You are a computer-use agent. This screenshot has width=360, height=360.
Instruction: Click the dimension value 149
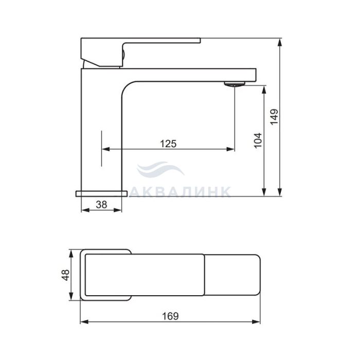click(274, 117)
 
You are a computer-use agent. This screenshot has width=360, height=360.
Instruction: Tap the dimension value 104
click(258, 140)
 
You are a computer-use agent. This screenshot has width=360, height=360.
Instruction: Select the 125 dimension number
click(168, 143)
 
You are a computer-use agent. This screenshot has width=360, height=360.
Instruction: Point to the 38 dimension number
click(101, 204)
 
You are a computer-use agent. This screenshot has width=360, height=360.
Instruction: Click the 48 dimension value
click(66, 275)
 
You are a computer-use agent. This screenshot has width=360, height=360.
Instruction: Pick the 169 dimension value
click(170, 316)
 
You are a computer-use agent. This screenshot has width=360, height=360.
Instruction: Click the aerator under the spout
click(235, 84)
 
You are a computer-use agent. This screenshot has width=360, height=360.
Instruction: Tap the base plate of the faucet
click(101, 193)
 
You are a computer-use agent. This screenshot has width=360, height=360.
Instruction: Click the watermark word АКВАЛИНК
click(180, 192)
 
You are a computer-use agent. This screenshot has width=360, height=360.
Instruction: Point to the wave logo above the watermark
click(160, 169)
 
